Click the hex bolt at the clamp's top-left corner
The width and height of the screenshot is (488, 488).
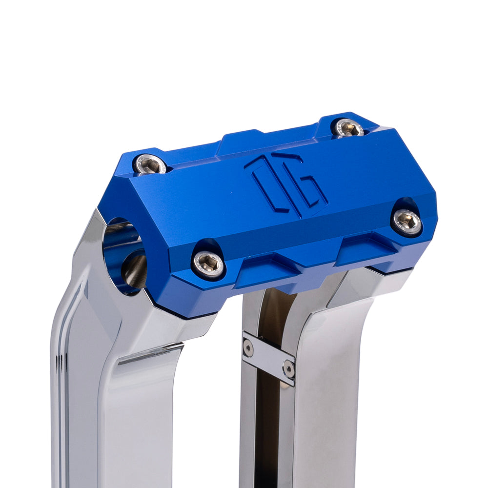click(150, 165)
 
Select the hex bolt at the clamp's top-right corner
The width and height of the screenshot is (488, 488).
click(348, 128)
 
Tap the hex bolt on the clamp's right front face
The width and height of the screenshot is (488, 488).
click(407, 222)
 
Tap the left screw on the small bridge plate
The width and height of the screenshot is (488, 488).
click(248, 348)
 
